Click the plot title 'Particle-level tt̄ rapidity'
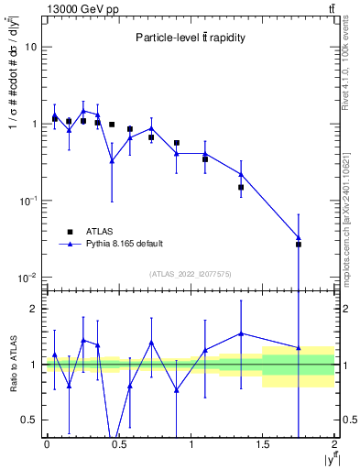(190, 39)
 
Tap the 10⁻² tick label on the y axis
(28, 277)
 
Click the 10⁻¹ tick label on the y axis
(28, 200)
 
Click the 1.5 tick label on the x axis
(262, 444)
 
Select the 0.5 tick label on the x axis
(118, 444)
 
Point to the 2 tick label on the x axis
(334, 444)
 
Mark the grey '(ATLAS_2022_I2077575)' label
(190, 273)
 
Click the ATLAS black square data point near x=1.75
(298, 245)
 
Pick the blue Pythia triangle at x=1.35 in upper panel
(241, 174)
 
